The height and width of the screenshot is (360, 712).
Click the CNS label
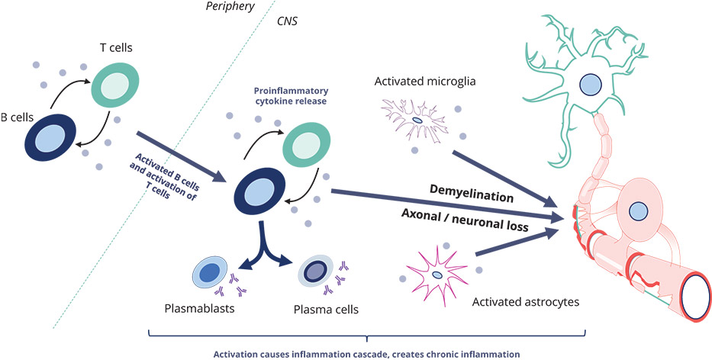pyautogui.click(x=287, y=22)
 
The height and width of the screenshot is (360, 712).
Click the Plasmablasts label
pyautogui.click(x=198, y=310)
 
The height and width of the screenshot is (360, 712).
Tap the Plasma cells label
pyautogui.click(x=327, y=310)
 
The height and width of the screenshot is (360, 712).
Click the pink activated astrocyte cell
pyautogui.click(x=437, y=274)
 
